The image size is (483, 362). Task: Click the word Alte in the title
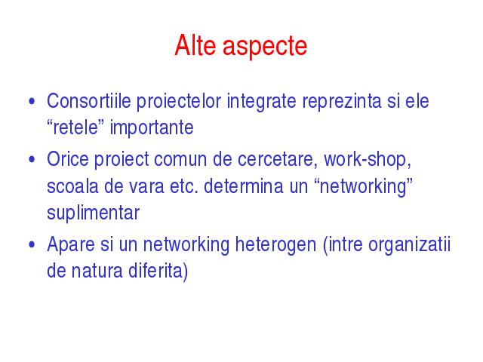(x=195, y=45)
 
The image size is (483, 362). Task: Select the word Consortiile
(x=89, y=100)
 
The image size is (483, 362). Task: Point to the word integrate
(x=262, y=102)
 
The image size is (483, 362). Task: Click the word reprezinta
(x=342, y=102)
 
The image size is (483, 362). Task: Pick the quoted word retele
(x=75, y=127)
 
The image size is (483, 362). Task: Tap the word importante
(x=152, y=128)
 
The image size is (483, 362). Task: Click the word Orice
(x=68, y=159)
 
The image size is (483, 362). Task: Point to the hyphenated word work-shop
(x=368, y=160)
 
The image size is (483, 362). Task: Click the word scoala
(x=72, y=186)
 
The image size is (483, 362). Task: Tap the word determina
(x=243, y=186)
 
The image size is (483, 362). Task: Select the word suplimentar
(x=93, y=213)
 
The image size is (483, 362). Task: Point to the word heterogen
(x=275, y=245)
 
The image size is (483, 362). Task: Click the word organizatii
(x=409, y=245)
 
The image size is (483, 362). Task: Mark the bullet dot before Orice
(x=32, y=159)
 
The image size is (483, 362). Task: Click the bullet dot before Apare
(x=32, y=244)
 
